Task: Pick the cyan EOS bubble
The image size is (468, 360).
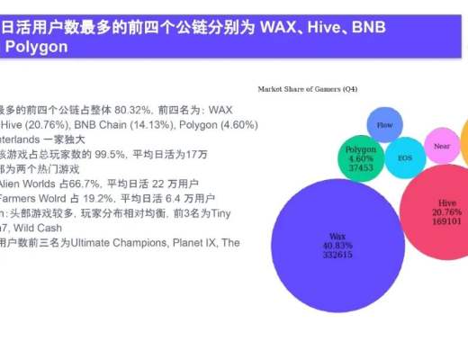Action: [405, 157]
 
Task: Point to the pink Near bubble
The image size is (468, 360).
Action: [442, 146]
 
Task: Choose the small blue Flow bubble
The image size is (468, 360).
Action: [384, 124]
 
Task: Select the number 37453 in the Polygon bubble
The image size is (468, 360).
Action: [360, 167]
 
